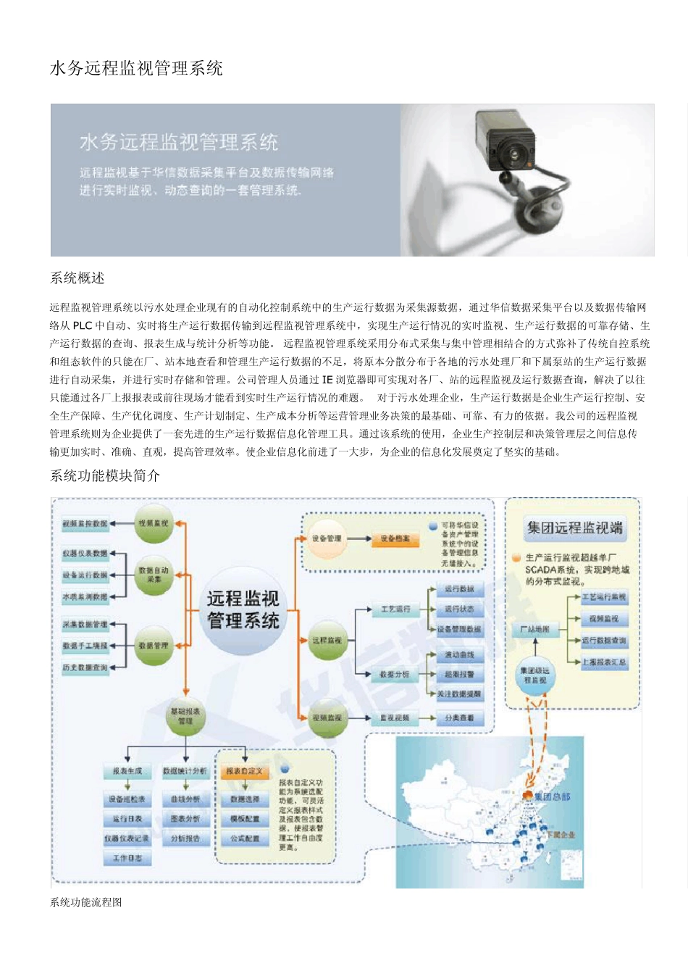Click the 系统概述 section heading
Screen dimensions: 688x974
(77, 278)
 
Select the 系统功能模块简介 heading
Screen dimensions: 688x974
(105, 475)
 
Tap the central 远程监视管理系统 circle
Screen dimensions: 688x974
(243, 609)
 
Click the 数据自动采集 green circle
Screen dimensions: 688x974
(154, 575)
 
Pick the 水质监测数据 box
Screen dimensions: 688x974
(85, 597)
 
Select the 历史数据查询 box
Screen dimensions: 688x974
(85, 667)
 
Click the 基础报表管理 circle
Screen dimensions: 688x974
(185, 716)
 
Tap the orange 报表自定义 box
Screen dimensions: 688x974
(244, 771)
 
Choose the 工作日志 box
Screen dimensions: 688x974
(127, 858)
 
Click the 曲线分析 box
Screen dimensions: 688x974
(186, 799)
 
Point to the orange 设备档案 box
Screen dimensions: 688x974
(395, 538)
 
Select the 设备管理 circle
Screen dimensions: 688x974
(327, 538)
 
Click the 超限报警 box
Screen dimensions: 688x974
(459, 674)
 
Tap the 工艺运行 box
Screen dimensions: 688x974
(395, 609)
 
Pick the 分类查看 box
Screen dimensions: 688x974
(459, 717)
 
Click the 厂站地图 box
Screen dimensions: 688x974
(534, 629)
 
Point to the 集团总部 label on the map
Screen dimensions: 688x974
(553, 796)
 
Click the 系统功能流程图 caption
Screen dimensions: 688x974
(86, 902)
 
